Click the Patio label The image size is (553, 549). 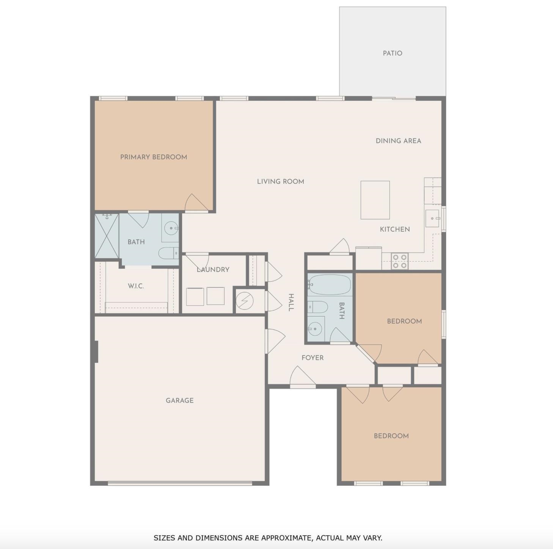pos(392,53)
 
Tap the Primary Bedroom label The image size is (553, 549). pos(154,157)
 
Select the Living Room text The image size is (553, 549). pos(280,182)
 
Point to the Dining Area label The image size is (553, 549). pos(398,141)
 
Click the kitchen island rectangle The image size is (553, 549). pos(375,200)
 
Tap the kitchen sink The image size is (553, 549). pos(432,218)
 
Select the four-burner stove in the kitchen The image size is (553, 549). pos(400,261)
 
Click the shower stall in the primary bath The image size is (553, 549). pos(107,236)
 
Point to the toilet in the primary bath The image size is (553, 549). pos(168,253)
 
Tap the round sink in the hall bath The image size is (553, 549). pos(315,329)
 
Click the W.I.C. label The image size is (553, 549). pos(136,286)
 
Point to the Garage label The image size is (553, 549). pos(180,401)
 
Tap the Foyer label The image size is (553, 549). pos(313,358)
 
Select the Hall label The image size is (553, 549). pos(291,303)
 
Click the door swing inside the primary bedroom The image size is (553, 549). pos(196,202)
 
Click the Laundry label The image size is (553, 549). pos(213,270)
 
